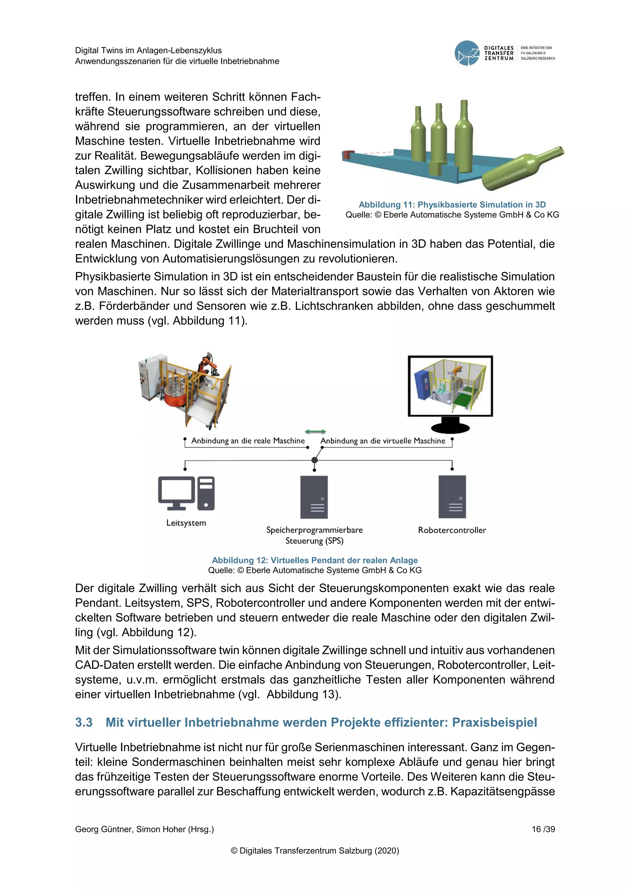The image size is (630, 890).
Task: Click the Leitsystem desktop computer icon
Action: click(x=186, y=493)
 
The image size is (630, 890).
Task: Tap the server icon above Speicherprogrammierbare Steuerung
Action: click(x=314, y=497)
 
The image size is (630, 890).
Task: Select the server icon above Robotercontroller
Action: click(x=452, y=497)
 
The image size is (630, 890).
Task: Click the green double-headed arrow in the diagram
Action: click(x=315, y=431)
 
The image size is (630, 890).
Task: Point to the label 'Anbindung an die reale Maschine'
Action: click(x=248, y=441)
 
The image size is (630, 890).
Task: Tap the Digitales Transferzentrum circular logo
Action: click(x=467, y=53)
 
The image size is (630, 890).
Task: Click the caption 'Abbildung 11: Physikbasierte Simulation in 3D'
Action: click(x=452, y=205)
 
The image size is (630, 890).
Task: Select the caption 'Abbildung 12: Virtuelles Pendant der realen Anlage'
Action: click(x=315, y=560)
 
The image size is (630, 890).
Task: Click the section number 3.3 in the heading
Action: click(x=84, y=723)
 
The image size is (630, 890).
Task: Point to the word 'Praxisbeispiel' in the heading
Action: click(x=495, y=723)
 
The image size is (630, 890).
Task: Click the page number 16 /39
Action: click(x=543, y=829)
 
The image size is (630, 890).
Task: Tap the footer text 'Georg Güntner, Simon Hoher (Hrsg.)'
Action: click(x=144, y=829)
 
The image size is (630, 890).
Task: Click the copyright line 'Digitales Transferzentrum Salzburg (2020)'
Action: click(x=315, y=850)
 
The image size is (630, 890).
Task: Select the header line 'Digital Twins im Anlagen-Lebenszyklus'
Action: click(x=148, y=50)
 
